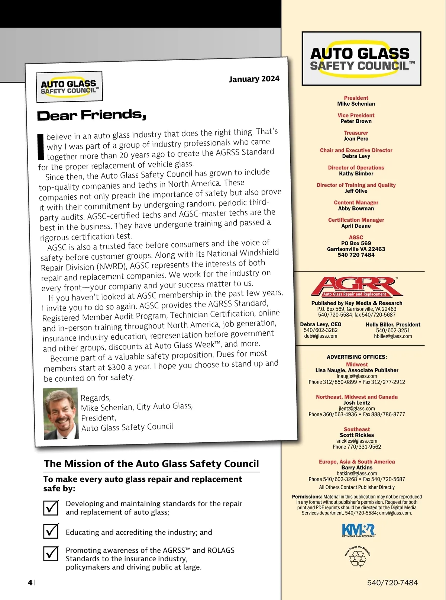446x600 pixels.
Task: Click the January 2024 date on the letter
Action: [x=254, y=79]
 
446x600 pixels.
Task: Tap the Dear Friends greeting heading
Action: [x=91, y=115]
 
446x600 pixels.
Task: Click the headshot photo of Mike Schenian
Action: [x=61, y=413]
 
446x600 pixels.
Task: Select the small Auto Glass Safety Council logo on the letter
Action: [x=69, y=87]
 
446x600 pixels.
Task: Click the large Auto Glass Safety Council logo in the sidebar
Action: [x=361, y=59]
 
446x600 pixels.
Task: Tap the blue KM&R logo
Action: [x=358, y=530]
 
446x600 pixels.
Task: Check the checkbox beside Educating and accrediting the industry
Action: [x=51, y=531]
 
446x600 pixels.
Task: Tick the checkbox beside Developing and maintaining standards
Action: [x=51, y=508]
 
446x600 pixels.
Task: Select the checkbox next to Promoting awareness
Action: [x=51, y=554]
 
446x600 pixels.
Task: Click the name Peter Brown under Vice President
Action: [x=356, y=121]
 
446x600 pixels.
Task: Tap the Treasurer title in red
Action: [x=356, y=133]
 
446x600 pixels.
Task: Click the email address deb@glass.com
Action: [x=321, y=336]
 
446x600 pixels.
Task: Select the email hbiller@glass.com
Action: [x=393, y=336]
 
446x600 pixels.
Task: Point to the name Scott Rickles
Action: [x=357, y=435]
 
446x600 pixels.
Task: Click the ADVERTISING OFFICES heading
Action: [x=357, y=357]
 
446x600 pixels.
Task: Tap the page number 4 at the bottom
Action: [x=30, y=583]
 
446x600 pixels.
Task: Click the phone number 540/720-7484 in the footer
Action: [x=392, y=583]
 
